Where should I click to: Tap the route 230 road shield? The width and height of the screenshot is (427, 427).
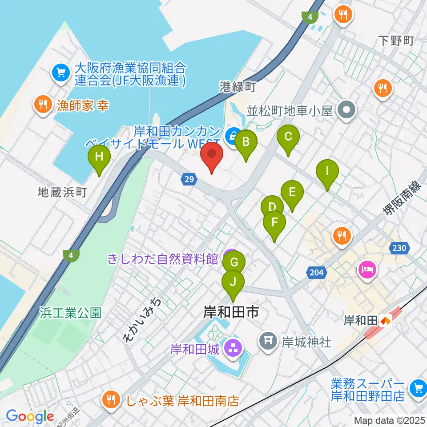(x=399, y=248)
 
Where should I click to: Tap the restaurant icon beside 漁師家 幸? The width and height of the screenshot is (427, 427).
(x=43, y=105)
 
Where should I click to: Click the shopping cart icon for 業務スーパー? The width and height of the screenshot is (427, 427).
(x=418, y=388)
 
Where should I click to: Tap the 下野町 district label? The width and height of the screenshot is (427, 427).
(x=397, y=41)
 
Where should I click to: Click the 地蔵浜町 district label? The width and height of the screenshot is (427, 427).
(x=62, y=192)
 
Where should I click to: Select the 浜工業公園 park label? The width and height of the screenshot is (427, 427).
(x=70, y=313)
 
